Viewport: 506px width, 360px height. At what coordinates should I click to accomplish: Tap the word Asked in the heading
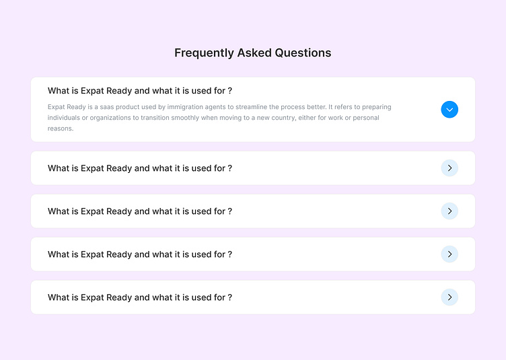254,52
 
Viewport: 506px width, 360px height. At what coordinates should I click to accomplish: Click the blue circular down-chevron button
449,110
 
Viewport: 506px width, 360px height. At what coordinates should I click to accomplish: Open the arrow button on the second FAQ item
449,168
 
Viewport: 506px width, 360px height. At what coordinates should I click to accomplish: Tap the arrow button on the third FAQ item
449,211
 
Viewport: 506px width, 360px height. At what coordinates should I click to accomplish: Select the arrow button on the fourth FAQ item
449,254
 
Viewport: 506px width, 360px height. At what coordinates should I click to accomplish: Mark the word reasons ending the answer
60,129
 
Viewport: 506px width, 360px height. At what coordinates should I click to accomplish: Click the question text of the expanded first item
140,91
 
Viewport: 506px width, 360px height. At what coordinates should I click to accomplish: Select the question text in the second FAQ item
140,168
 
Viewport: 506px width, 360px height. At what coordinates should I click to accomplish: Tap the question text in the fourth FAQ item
140,254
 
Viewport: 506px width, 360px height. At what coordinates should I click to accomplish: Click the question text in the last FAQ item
140,297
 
